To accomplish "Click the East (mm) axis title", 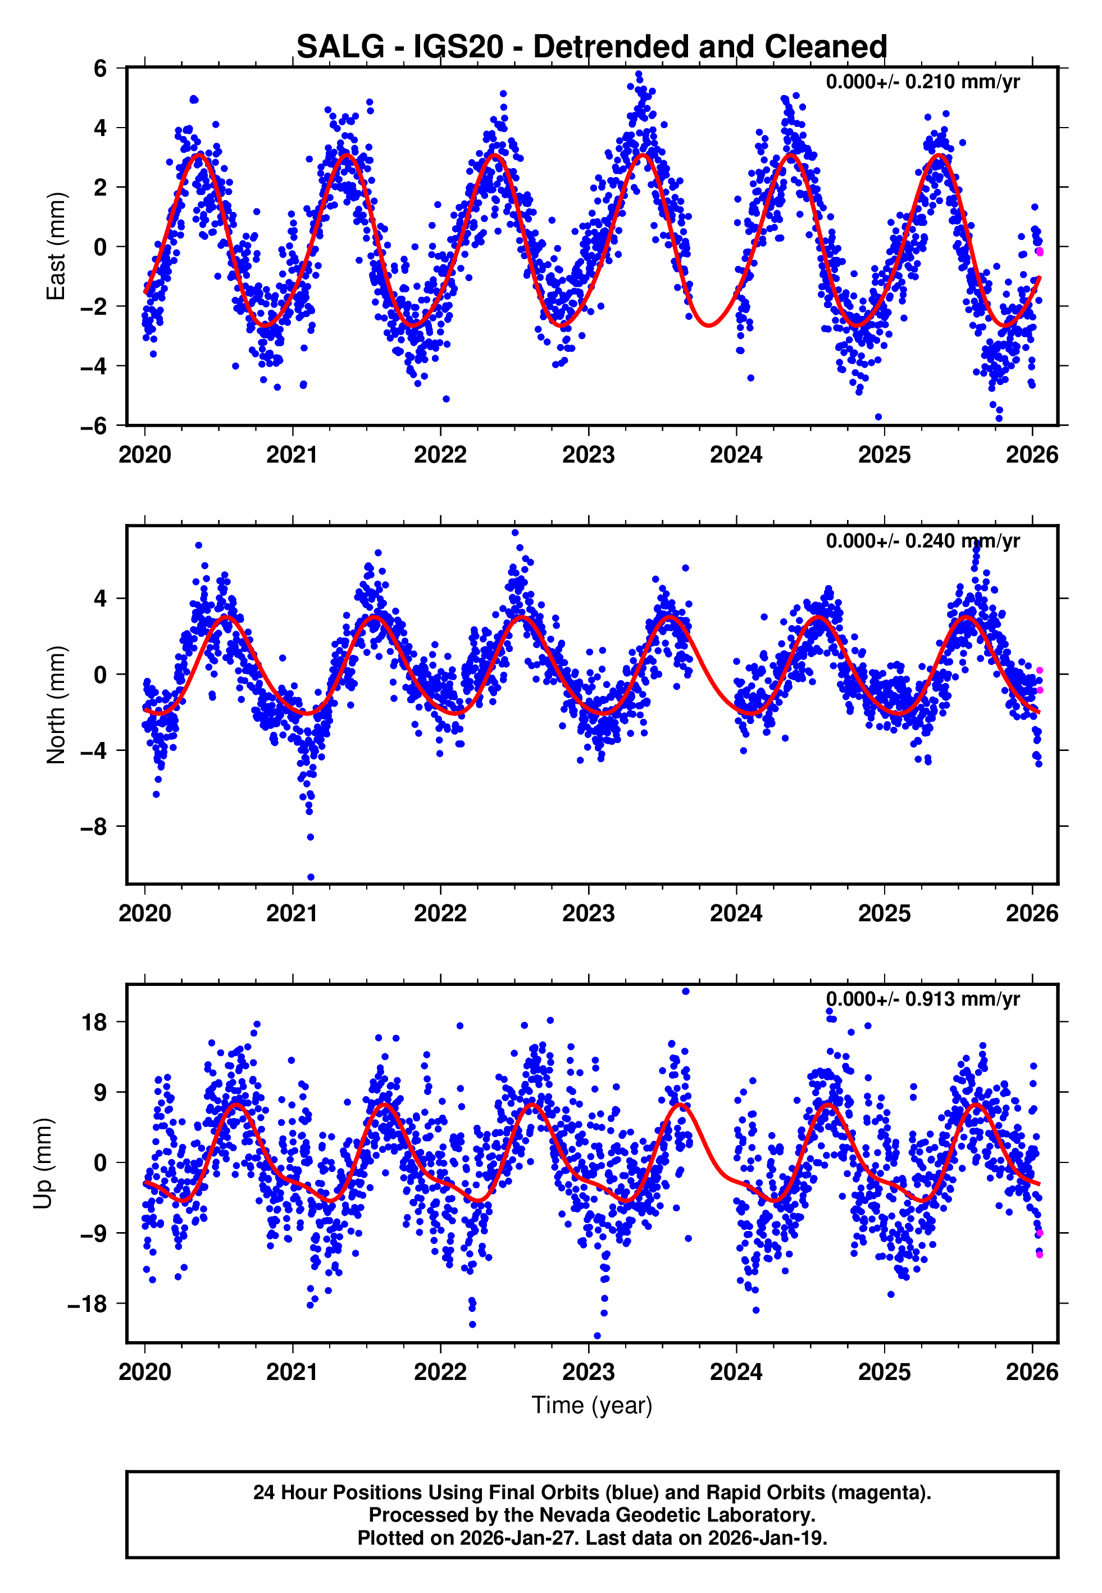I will tap(55, 246).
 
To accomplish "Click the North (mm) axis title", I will tap(55, 705).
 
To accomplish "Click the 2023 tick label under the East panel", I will tap(588, 455).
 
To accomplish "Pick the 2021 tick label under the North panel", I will tap(292, 913).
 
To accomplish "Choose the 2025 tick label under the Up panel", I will tap(884, 1372).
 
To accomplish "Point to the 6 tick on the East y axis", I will tap(101, 69).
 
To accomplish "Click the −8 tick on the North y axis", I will tap(94, 826).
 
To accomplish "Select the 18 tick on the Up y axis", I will tap(94, 1022).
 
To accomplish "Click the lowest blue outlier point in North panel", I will tap(311, 877).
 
